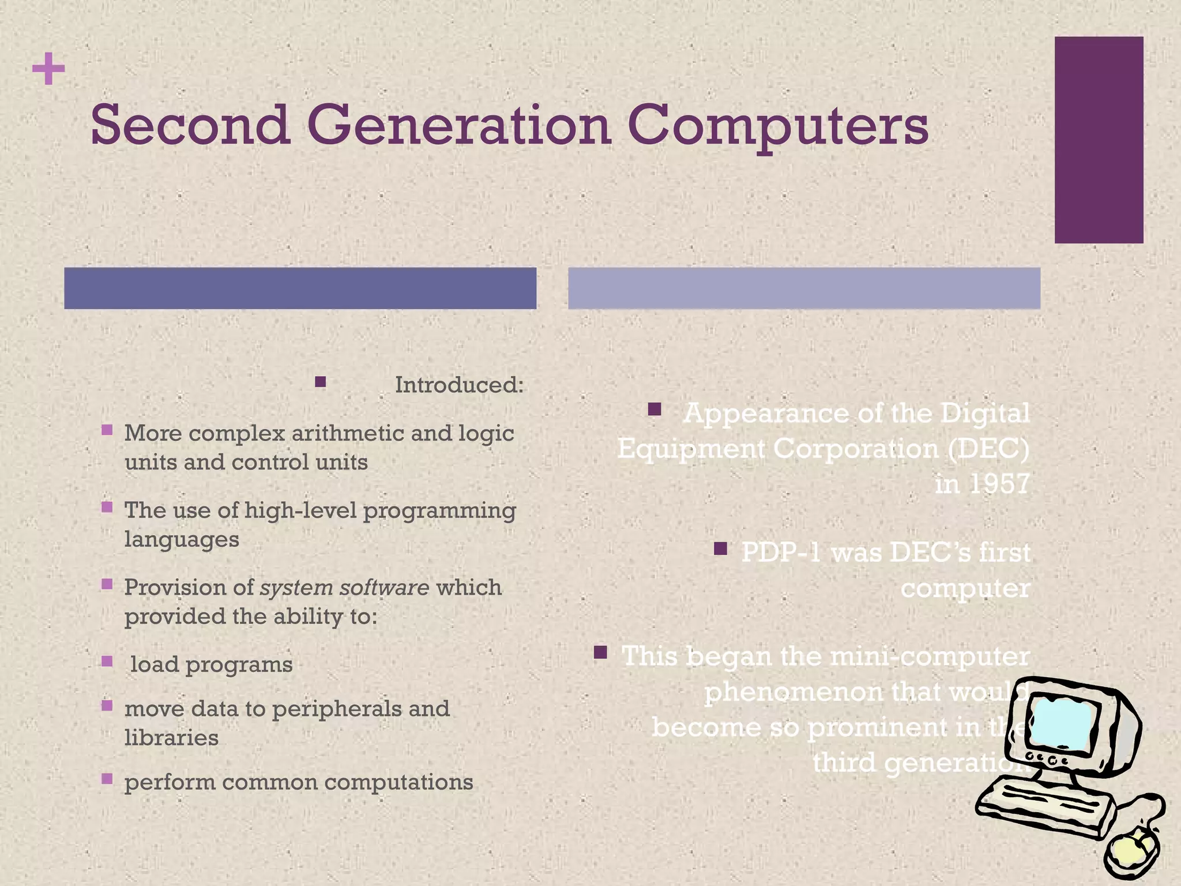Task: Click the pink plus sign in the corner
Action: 48,69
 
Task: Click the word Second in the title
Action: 190,125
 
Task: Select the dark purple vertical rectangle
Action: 1099,140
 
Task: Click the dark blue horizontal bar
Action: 300,288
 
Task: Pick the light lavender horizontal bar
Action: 804,288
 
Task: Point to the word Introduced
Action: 459,385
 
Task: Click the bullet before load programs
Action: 107,661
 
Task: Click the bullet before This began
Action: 600,652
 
